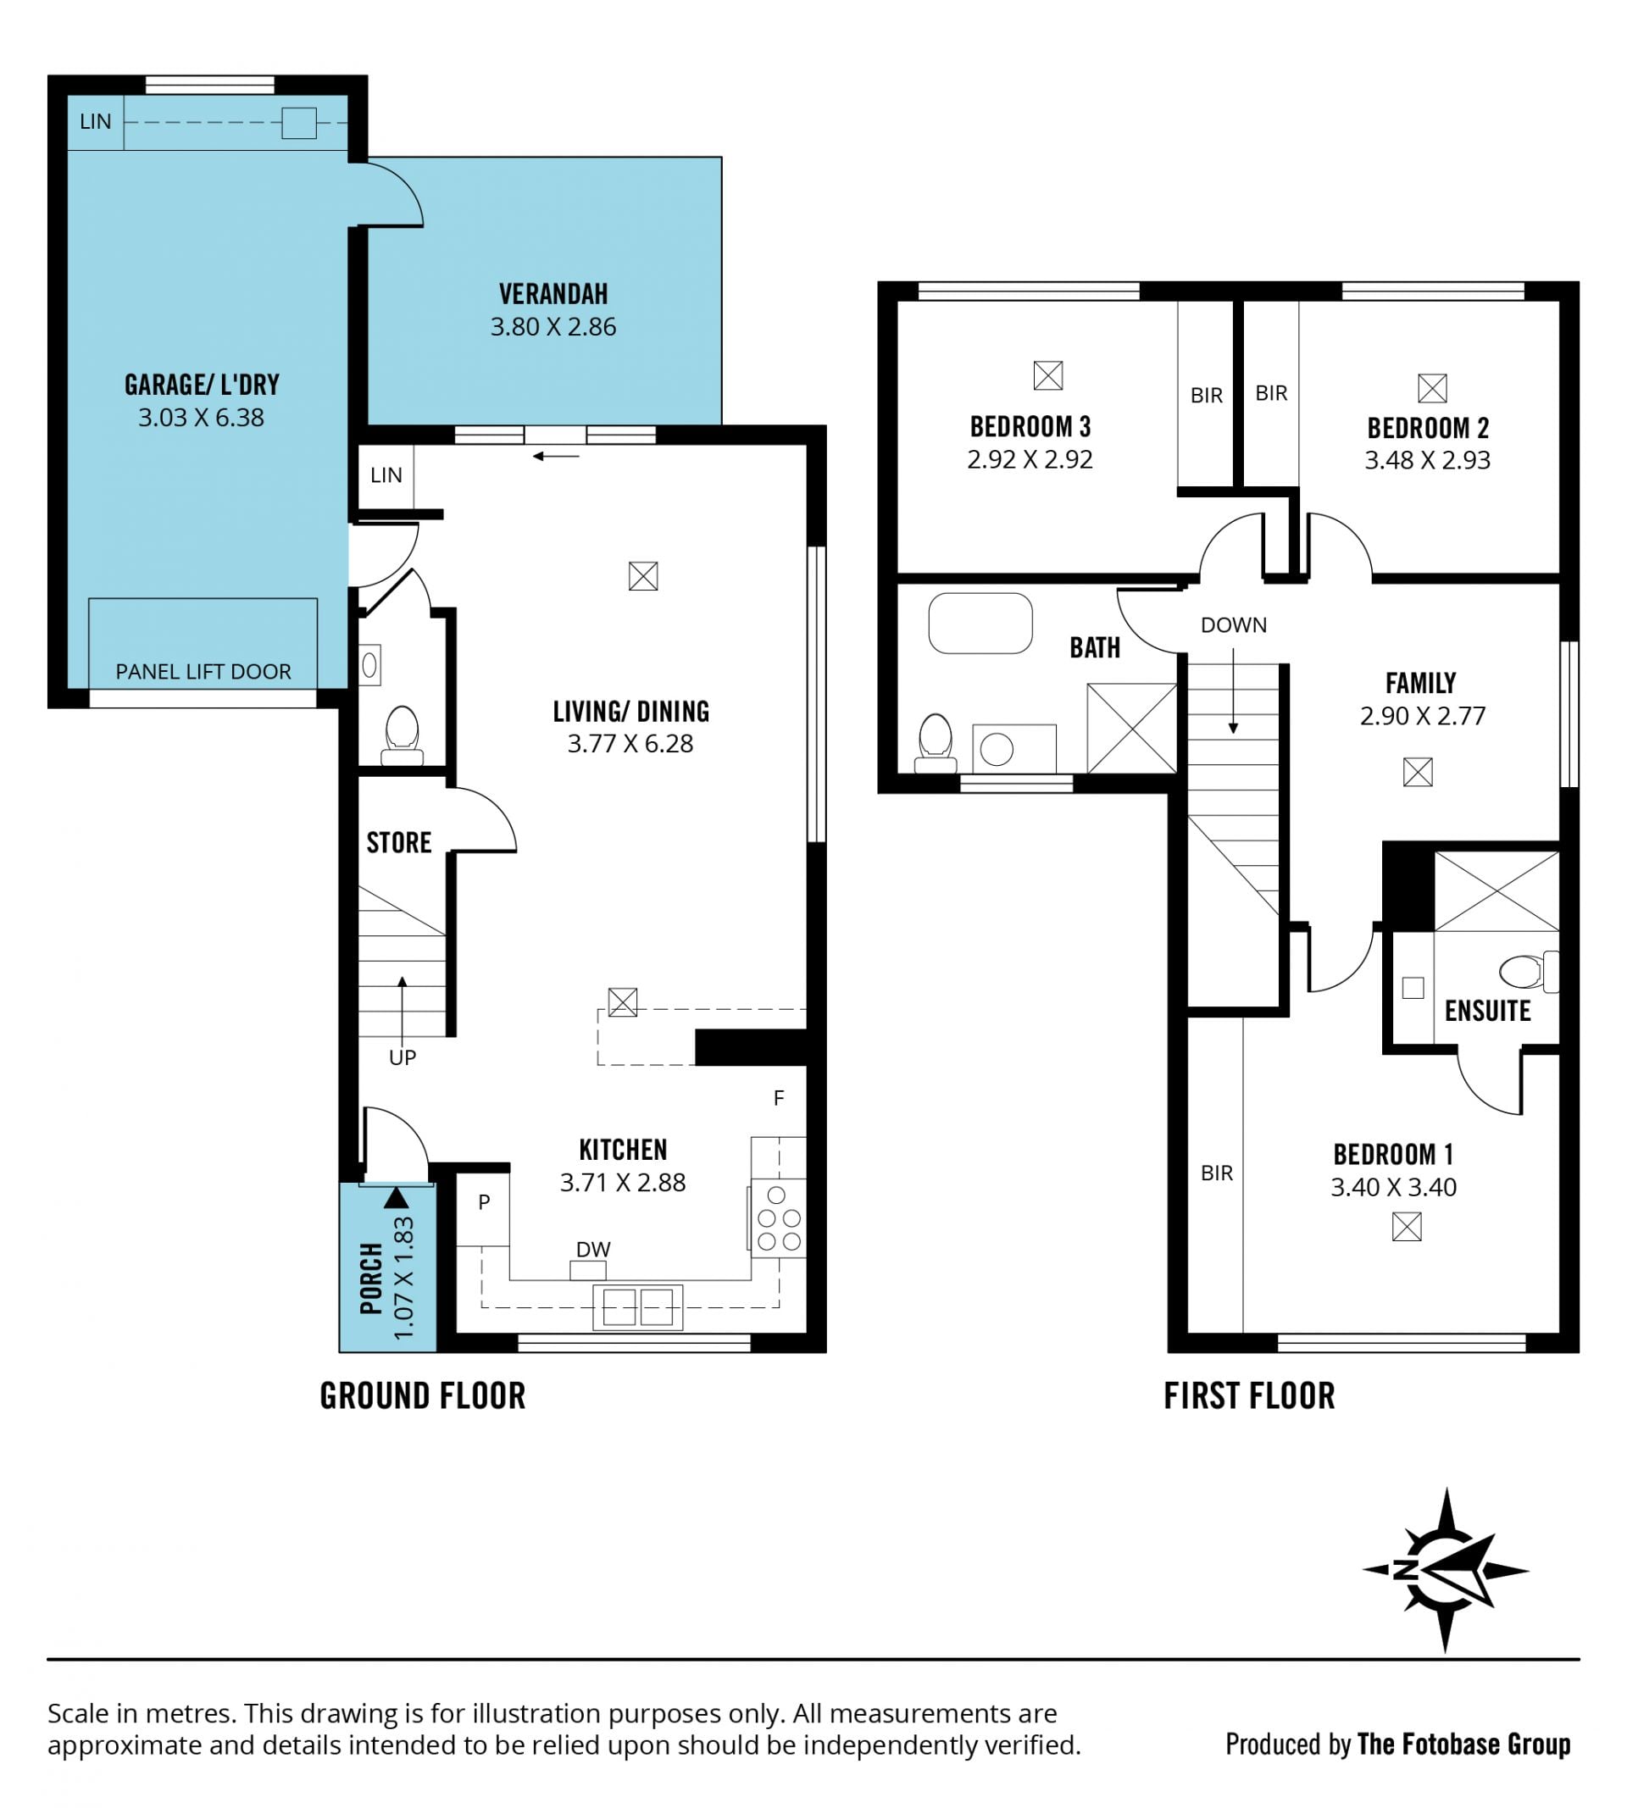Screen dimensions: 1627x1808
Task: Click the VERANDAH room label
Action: pyautogui.click(x=553, y=294)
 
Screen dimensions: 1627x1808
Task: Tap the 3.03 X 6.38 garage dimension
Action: pyautogui.click(x=201, y=418)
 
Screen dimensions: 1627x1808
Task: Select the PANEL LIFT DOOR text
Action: pyautogui.click(x=203, y=671)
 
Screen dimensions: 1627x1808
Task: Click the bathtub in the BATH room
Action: pyautogui.click(x=980, y=623)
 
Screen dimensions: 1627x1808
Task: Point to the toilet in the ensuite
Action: pyautogui.click(x=1529, y=972)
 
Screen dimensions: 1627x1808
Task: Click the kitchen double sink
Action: pyautogui.click(x=637, y=1307)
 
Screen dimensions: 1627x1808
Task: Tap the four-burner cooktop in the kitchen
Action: pyautogui.click(x=778, y=1217)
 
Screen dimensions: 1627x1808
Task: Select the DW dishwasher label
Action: pyautogui.click(x=592, y=1249)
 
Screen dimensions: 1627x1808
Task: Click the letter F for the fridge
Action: pyautogui.click(x=779, y=1098)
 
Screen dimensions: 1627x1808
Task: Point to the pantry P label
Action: pyautogui.click(x=484, y=1202)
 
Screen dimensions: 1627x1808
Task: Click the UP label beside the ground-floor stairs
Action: pyautogui.click(x=403, y=1057)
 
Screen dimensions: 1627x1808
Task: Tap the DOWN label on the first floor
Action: pyautogui.click(x=1233, y=624)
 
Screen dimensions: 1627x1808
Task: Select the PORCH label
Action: pyautogui.click(x=371, y=1278)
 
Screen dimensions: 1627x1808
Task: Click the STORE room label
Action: pyautogui.click(x=399, y=842)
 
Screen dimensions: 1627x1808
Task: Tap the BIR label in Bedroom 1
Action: pyautogui.click(x=1217, y=1173)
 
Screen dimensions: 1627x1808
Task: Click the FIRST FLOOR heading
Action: pyautogui.click(x=1249, y=1395)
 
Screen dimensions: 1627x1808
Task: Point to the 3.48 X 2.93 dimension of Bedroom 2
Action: pyautogui.click(x=1427, y=460)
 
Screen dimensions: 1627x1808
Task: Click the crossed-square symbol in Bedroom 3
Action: pyautogui.click(x=1047, y=375)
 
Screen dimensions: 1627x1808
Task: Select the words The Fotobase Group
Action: pyautogui.click(x=1463, y=1744)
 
